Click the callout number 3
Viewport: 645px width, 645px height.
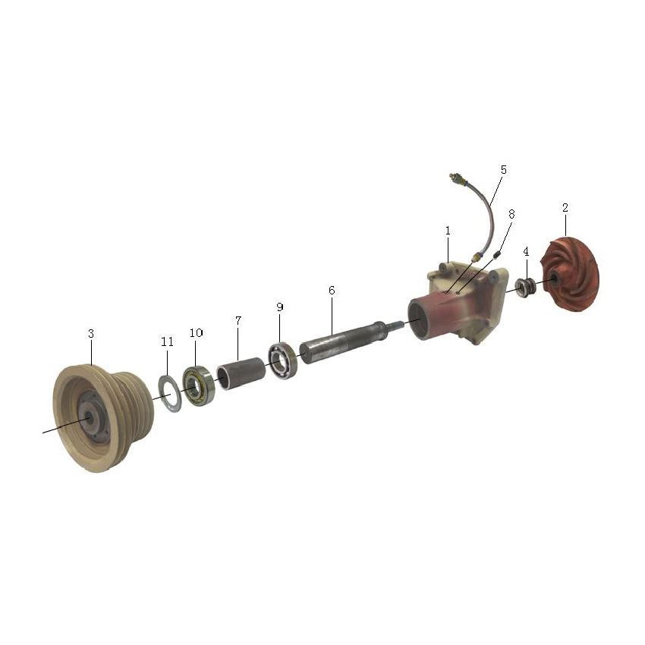[91, 334]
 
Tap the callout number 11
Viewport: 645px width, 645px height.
[167, 341]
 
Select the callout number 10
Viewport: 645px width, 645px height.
[197, 333]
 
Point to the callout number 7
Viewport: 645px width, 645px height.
[238, 320]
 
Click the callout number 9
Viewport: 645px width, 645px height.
[280, 307]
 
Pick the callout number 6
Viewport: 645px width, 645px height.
[332, 291]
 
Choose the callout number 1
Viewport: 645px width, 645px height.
[448, 231]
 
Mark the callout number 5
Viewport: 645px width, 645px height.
[504, 169]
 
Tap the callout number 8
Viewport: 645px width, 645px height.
[511, 214]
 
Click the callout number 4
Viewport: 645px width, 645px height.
[526, 251]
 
